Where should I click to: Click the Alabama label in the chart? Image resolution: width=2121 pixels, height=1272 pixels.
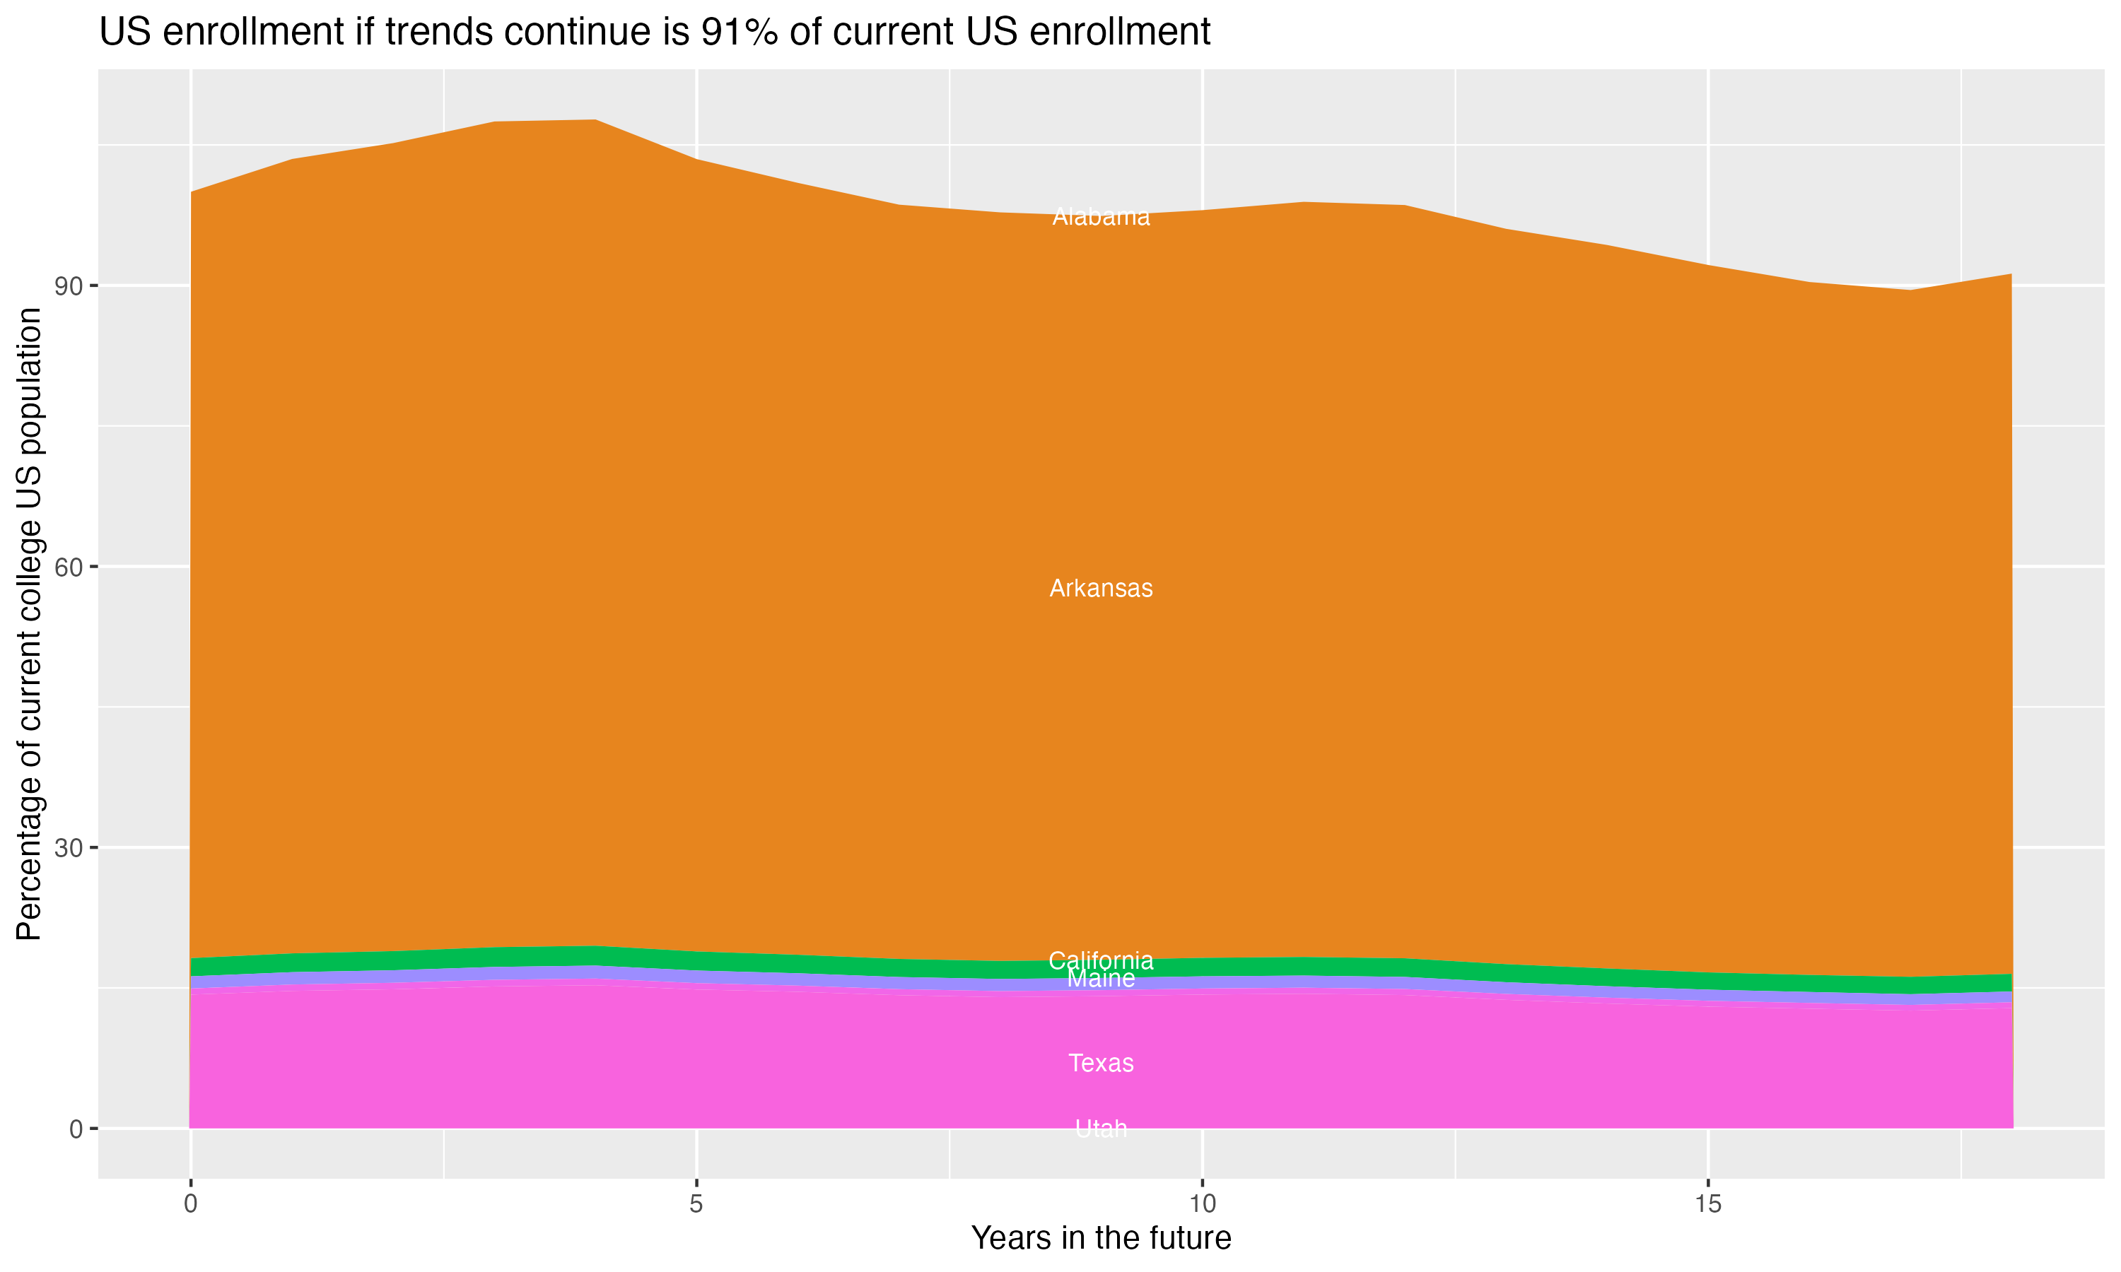[x=1101, y=217]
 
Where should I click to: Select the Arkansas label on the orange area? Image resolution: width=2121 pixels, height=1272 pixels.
[x=1101, y=588]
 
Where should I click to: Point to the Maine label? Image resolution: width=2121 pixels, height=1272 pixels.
[x=1101, y=979]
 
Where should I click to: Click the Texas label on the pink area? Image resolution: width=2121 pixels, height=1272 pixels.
[x=1101, y=1063]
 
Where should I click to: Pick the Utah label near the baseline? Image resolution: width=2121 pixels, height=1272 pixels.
[x=1101, y=1129]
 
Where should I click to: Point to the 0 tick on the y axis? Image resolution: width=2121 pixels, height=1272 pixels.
[x=76, y=1129]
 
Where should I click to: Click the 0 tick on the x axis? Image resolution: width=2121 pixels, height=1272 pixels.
[x=190, y=1204]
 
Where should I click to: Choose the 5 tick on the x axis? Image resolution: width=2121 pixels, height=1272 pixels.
[x=696, y=1204]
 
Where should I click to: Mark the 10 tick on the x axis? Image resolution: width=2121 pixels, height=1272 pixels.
[x=1202, y=1204]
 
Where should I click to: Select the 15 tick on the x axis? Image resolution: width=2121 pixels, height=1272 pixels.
[x=1708, y=1204]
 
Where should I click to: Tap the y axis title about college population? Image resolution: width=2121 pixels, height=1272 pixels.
[x=29, y=623]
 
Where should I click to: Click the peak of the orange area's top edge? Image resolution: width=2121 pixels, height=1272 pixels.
[x=596, y=120]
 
